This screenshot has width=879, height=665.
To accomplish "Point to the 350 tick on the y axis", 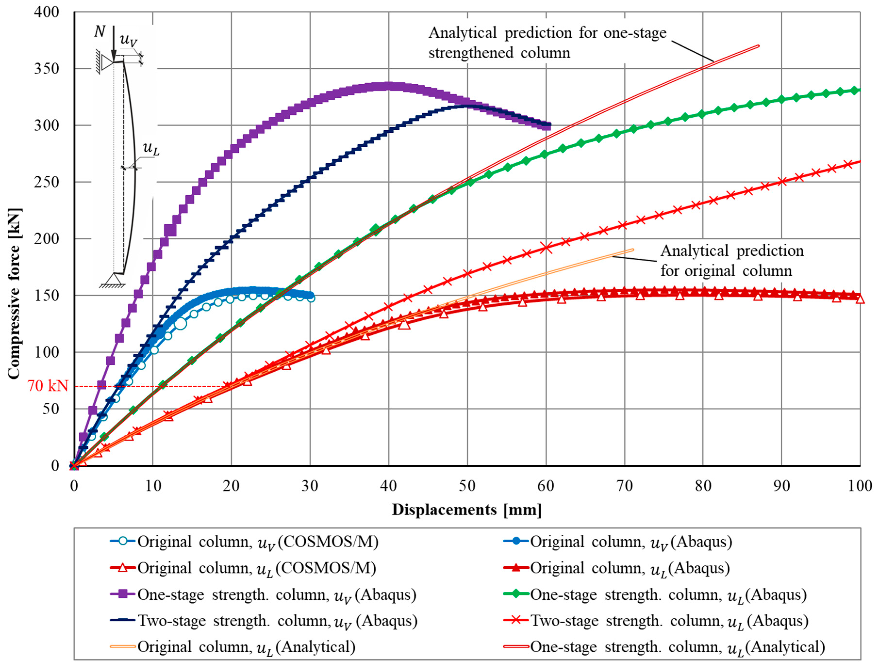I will pyautogui.click(x=47, y=69).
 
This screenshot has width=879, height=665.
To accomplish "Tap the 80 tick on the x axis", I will pyautogui.click(x=703, y=486).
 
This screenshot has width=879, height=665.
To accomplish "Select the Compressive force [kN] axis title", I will pyautogui.click(x=14, y=294).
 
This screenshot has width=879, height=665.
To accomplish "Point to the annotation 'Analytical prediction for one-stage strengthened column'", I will pyautogui.click(x=547, y=42).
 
